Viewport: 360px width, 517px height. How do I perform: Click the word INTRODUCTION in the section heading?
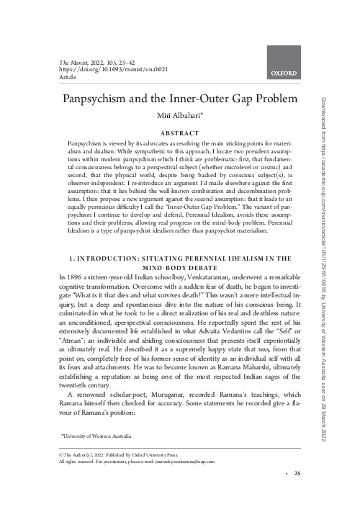[125, 238]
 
